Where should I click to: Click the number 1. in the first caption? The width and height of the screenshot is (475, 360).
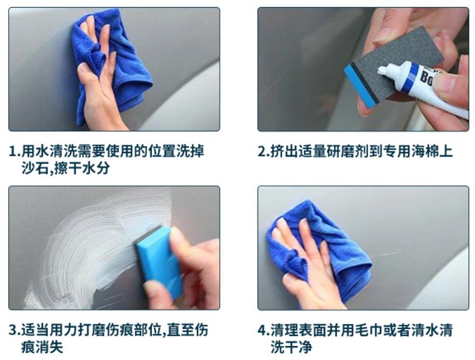(15, 152)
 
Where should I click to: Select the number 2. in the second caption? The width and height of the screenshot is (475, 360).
(263, 152)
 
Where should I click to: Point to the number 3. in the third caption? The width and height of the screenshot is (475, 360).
(15, 331)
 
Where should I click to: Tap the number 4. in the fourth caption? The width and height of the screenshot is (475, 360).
(263, 331)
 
